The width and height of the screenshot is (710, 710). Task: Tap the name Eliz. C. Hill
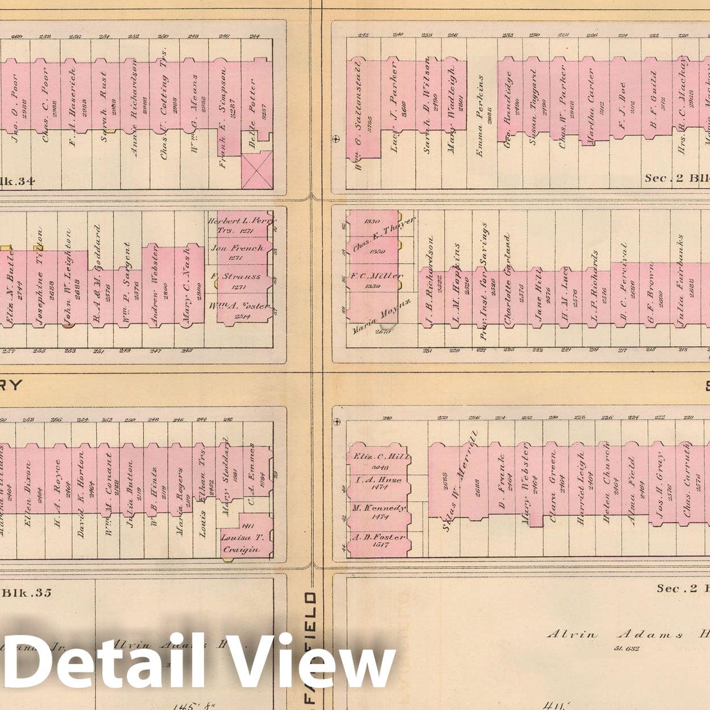[378, 456]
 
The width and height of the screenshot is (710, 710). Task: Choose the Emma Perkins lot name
[481, 115]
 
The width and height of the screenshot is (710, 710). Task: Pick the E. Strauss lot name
[237, 277]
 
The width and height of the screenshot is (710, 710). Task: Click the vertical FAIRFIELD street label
[311, 648]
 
